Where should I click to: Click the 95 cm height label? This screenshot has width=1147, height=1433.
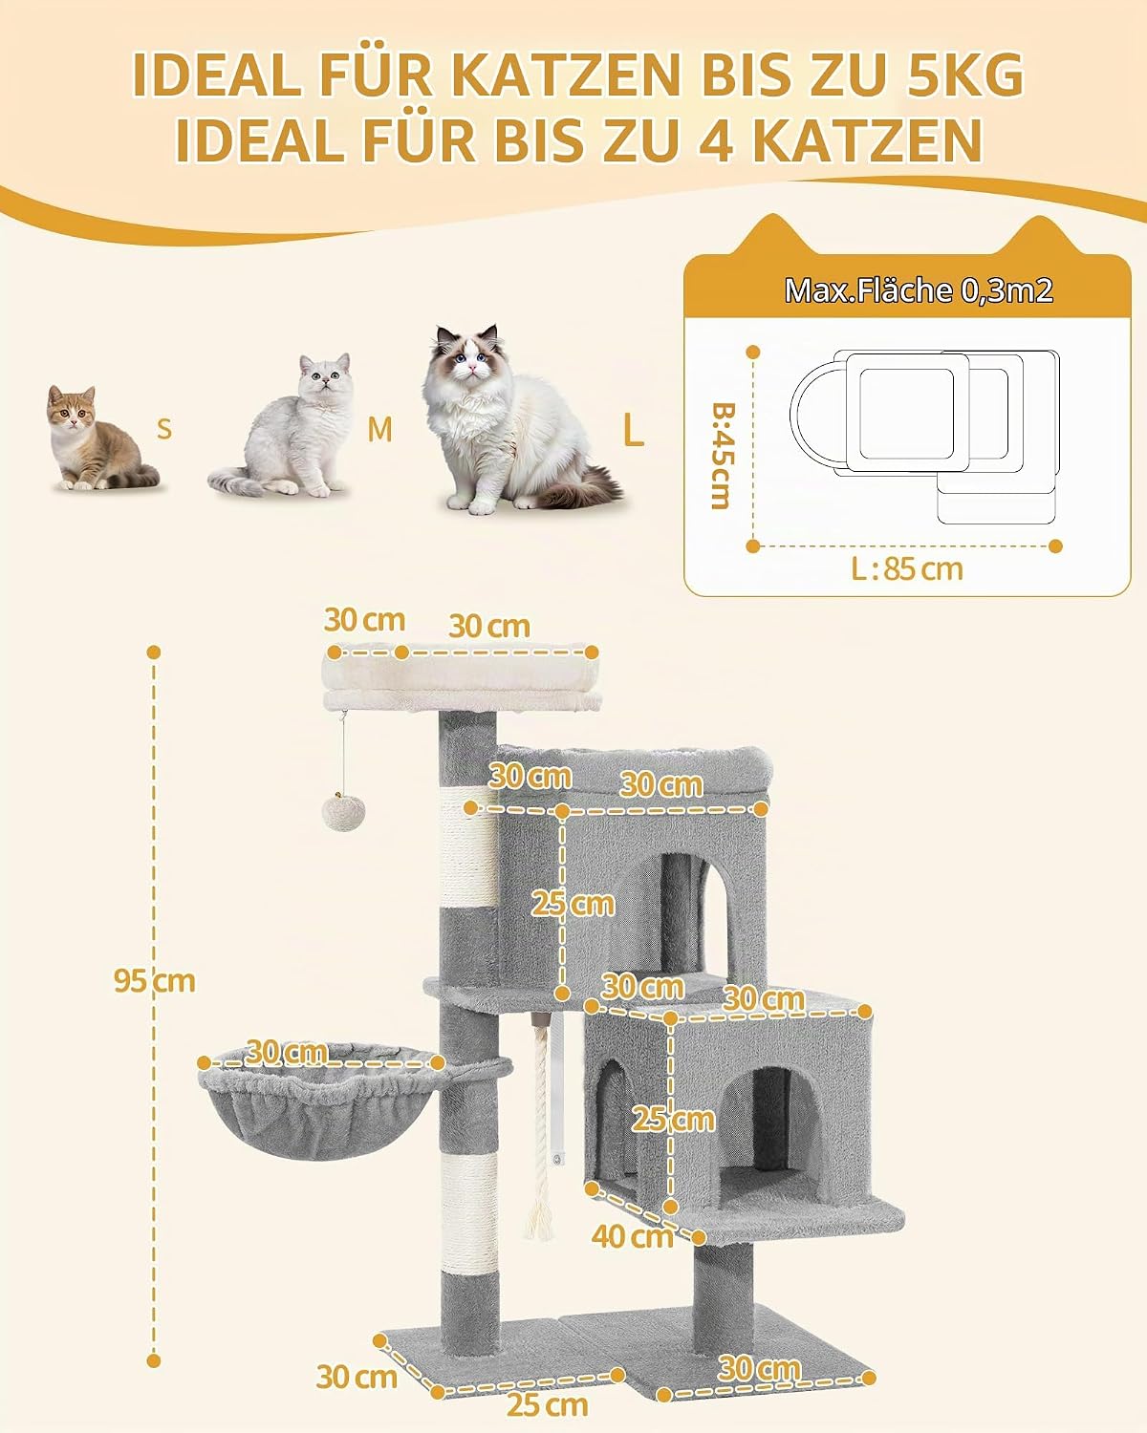coord(155,981)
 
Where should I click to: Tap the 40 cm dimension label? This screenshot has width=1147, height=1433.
coord(633,1236)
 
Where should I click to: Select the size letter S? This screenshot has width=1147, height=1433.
coord(164,430)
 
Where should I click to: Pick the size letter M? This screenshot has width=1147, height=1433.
coord(379,430)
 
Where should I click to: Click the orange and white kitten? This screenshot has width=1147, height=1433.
coord(101,438)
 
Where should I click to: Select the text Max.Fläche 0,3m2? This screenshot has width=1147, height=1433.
coord(920,290)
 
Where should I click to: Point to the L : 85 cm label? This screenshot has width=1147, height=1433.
coord(907,569)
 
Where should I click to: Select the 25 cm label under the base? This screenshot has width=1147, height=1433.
coord(547,1405)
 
